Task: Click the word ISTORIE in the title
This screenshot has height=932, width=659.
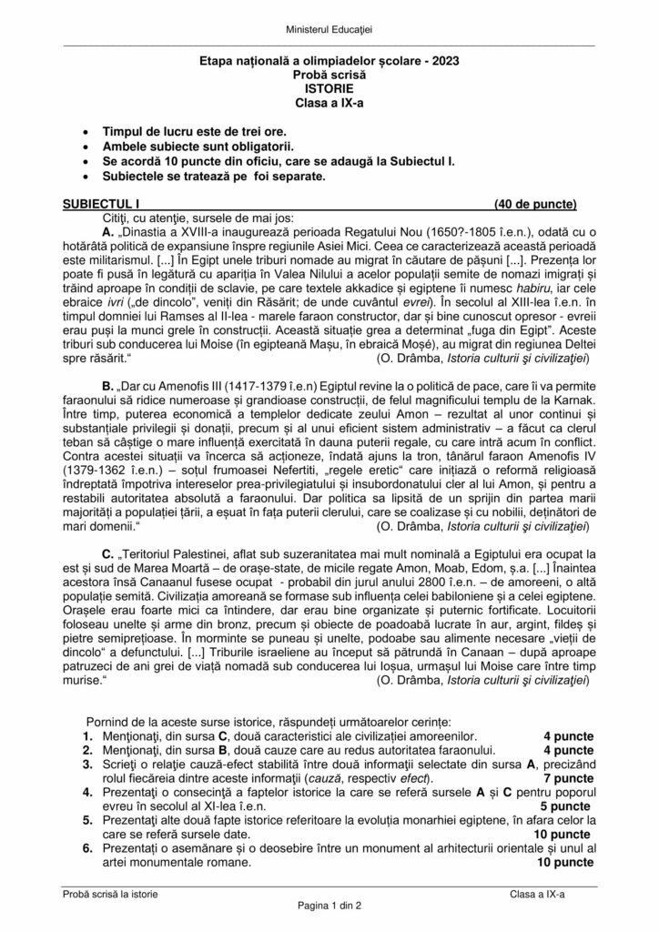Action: coord(329,91)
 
